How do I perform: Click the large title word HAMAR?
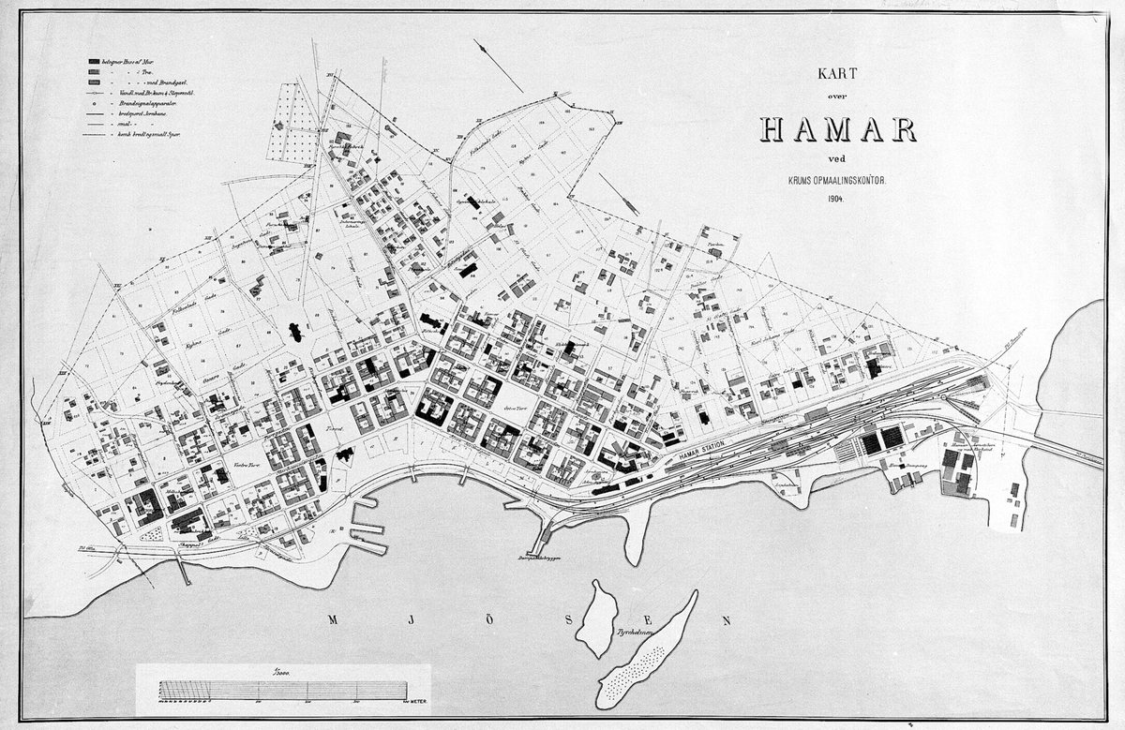837,130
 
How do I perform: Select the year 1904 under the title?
837,198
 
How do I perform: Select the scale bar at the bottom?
282,690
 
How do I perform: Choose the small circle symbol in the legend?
93,103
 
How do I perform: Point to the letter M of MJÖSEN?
334,619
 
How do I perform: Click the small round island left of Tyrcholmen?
594,618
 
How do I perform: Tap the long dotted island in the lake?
647,652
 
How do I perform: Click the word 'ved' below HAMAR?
836,156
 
